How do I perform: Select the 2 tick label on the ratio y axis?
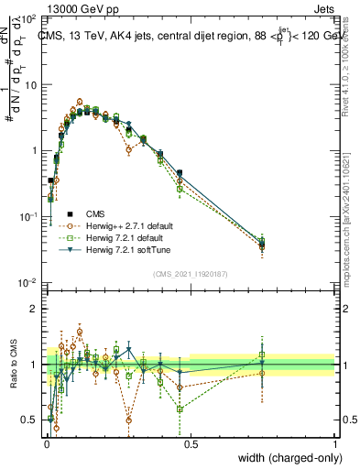(x=35, y=310)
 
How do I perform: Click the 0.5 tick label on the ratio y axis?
(x=30, y=420)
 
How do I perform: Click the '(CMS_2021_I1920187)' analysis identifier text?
(x=190, y=274)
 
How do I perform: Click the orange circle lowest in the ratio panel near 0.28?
(x=129, y=420)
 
